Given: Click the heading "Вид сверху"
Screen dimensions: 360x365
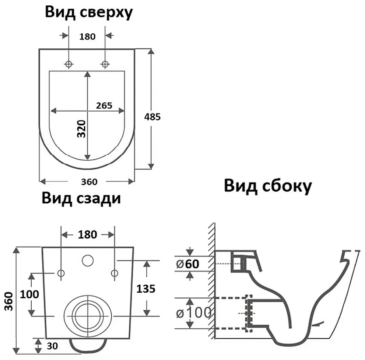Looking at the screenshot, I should [x=88, y=13].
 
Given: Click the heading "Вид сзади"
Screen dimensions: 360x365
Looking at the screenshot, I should [x=81, y=198].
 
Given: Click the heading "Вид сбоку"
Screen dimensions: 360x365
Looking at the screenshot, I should [x=268, y=186].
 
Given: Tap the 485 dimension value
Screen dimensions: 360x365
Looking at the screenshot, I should [x=152, y=116].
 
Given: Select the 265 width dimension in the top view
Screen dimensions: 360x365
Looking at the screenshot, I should [x=105, y=105].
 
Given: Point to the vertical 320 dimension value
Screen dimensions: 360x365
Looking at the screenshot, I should [x=82, y=129].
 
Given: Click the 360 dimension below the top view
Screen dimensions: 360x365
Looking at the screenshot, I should [x=89, y=181].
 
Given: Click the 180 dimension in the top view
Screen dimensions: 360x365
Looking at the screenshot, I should [x=87, y=37].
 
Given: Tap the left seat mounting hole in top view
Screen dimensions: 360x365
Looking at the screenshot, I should [x=69, y=64].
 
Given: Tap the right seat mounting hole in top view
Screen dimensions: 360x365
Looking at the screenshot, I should [x=105, y=64].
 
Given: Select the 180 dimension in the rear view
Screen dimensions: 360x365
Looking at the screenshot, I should [x=87, y=234].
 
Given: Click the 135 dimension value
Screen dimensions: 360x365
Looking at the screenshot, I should [x=146, y=289].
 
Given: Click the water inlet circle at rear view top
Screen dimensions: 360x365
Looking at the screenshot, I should [x=87, y=260].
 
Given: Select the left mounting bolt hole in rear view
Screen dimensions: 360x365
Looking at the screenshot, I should [x=61, y=274].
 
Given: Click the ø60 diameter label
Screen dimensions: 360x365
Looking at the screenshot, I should [x=188, y=264].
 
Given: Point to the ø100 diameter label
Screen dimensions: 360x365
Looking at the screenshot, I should [x=193, y=313].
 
